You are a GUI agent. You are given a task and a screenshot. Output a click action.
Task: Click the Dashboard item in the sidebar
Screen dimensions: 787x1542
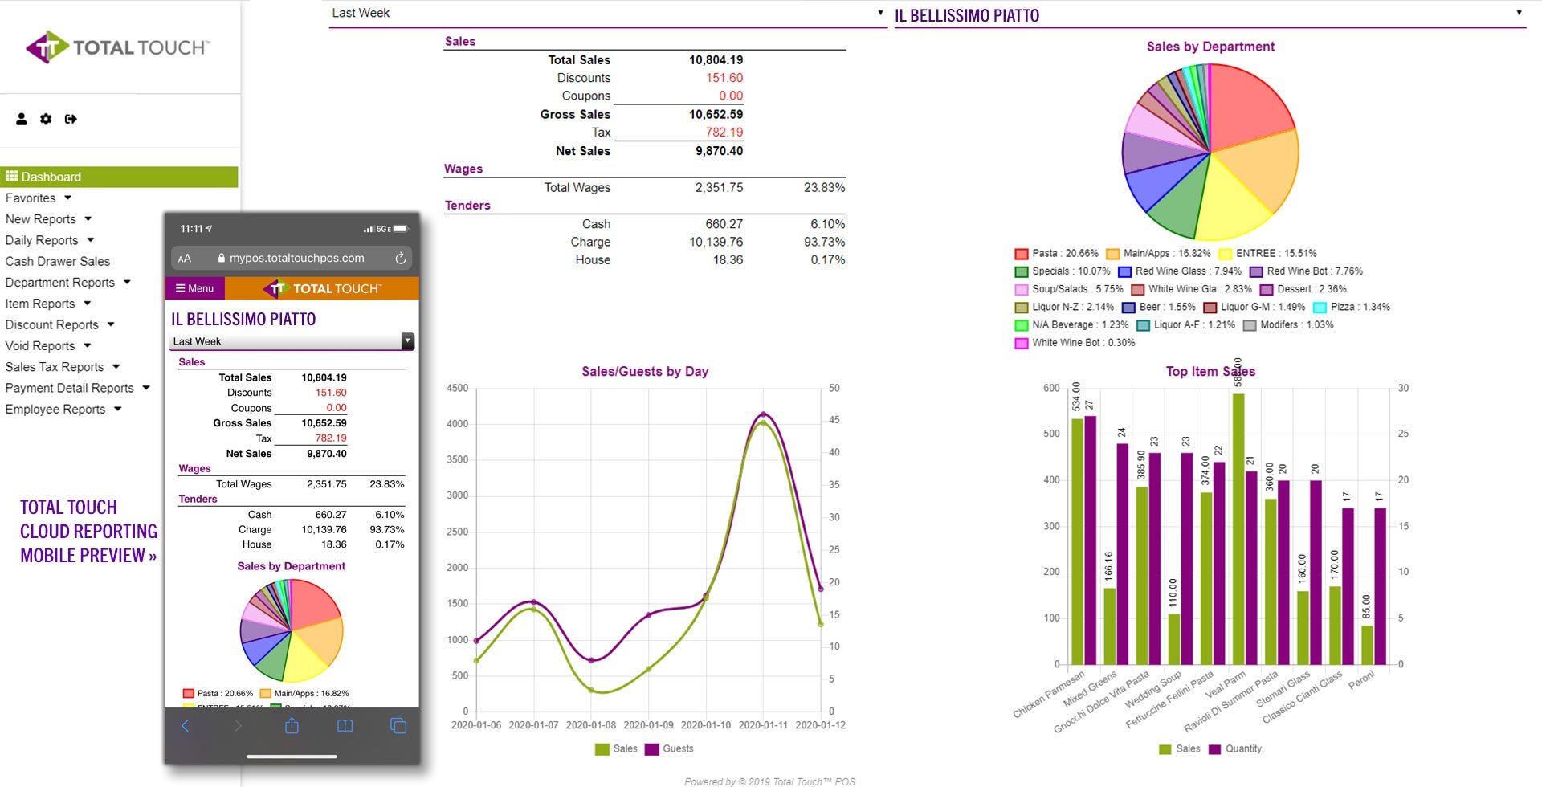(x=51, y=177)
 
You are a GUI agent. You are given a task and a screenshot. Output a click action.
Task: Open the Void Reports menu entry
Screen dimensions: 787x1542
(x=40, y=346)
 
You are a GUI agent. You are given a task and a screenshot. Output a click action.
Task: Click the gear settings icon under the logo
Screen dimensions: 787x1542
(x=46, y=119)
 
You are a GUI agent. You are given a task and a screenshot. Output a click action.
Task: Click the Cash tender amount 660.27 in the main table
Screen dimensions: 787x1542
(x=724, y=224)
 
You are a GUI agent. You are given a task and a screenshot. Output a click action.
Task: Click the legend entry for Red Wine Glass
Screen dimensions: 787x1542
(x=1187, y=271)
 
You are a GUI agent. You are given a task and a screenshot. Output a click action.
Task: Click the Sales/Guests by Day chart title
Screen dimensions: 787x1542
(x=644, y=371)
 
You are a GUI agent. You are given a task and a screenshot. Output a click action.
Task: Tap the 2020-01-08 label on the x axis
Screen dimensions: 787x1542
(x=591, y=725)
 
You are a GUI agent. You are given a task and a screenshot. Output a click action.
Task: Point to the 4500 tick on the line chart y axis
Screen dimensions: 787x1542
(x=457, y=389)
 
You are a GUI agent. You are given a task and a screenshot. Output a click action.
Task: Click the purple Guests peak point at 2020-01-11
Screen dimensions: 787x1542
(x=763, y=414)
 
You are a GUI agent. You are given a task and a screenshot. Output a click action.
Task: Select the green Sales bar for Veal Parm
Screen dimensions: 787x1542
(x=1238, y=530)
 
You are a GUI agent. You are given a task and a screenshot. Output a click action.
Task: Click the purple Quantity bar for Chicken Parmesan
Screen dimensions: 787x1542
(x=1090, y=538)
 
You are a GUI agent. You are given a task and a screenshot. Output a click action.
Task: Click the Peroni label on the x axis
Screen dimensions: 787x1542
(x=1362, y=679)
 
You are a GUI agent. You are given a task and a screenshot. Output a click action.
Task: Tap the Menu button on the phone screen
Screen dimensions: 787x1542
(x=195, y=288)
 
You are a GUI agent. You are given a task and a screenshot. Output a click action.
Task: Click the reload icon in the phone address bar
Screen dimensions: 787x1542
(x=400, y=259)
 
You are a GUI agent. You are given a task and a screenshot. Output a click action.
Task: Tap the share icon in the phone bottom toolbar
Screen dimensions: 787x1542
(x=292, y=726)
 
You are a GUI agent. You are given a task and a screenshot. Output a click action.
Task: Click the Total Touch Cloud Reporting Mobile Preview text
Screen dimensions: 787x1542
(x=88, y=532)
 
